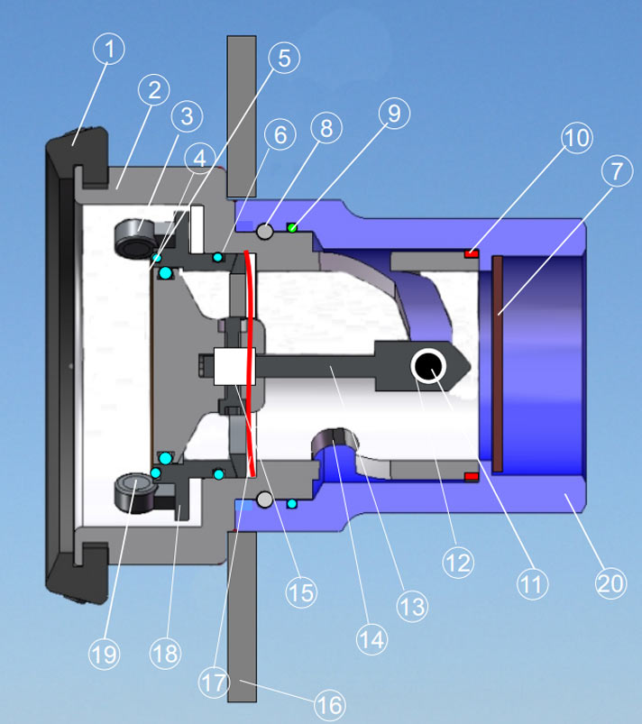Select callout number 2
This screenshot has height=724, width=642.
pos(154,90)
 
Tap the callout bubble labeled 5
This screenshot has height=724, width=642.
pos(284,59)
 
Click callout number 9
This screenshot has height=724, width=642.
pos(394,113)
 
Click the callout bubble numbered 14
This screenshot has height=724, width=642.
pos(372,639)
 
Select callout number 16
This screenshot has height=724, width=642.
pos(331,704)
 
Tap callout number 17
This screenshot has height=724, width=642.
pos(214,683)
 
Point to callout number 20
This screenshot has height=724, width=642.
pos(610,583)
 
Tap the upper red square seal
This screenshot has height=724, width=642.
pos(470,253)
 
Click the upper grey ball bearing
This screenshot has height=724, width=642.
pos(264,232)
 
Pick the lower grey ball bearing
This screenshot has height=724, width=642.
pos(264,499)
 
